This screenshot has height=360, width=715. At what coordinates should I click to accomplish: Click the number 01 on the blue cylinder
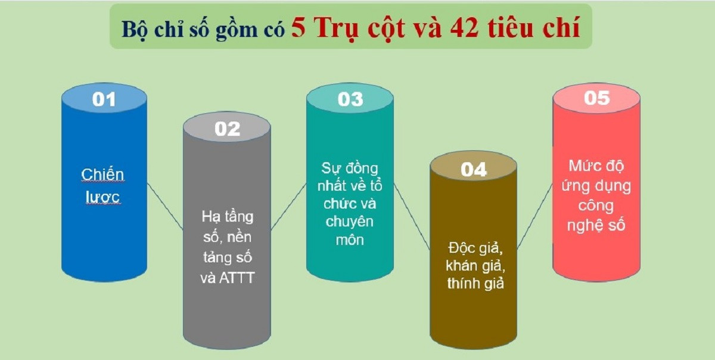[x=104, y=99]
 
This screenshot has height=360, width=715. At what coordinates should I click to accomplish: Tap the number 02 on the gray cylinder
[x=227, y=129]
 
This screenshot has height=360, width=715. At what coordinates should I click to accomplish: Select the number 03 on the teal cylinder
[x=350, y=99]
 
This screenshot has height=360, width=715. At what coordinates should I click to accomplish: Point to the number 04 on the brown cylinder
[x=474, y=170]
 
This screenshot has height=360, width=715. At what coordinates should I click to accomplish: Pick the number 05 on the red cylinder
[x=596, y=98]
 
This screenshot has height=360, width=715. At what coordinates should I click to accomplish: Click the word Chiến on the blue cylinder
[x=102, y=175]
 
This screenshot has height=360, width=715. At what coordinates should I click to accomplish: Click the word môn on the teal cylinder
[x=350, y=240]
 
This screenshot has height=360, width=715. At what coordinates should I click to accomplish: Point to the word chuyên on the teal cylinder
[x=350, y=222]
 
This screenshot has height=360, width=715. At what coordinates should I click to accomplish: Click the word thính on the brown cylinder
[x=462, y=283]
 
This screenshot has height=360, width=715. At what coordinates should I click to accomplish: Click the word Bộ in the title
[x=132, y=29]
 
